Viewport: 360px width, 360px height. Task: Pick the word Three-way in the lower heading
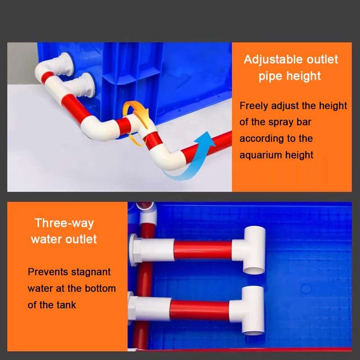point(64,223)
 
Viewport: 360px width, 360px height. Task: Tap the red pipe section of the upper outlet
point(202,250)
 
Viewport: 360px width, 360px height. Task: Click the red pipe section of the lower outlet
point(200,310)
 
